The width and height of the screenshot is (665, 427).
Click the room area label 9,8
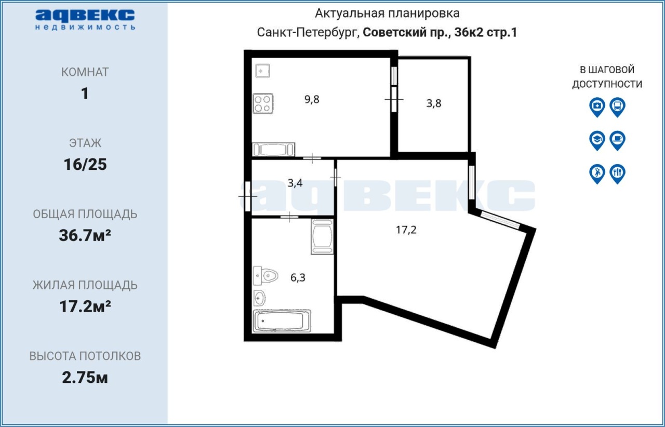[312, 99]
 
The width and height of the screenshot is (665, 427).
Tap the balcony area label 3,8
[434, 103]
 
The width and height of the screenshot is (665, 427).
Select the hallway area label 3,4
[295, 183]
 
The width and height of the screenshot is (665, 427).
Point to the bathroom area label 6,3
[298, 277]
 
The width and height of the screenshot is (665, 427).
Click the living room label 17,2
[406, 230]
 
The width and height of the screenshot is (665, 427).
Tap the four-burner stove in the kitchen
[263, 103]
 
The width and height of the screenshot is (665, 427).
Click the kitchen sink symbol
[263, 71]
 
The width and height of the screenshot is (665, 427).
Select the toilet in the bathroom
[265, 276]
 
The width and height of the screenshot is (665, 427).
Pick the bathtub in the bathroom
[282, 321]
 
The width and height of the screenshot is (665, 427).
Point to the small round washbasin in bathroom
[259, 298]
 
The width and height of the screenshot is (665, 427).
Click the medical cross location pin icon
[597, 107]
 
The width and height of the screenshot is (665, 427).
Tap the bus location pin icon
[618, 107]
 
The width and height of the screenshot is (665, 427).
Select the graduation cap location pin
[597, 140]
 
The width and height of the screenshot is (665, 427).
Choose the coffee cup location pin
[618, 140]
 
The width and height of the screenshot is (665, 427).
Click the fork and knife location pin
[618, 174]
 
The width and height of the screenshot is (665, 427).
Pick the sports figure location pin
[597, 174]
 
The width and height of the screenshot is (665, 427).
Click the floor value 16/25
[85, 165]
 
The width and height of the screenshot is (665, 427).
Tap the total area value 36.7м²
[85, 235]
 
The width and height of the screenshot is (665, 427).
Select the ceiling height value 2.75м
[85, 378]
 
